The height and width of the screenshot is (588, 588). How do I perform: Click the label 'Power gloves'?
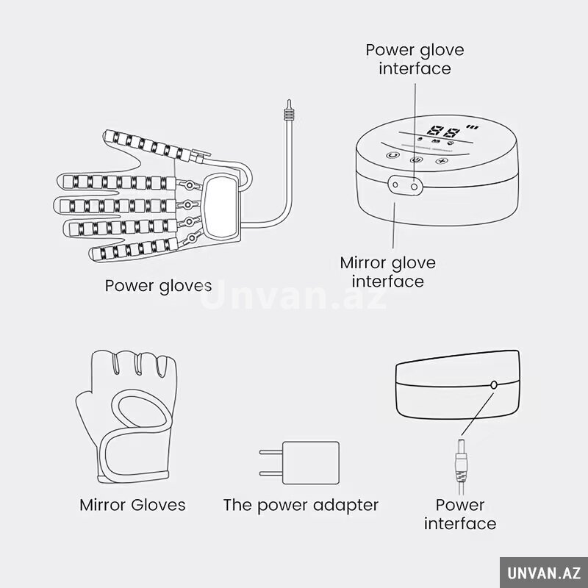[158, 286]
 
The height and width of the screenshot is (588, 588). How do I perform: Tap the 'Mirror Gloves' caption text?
[132, 505]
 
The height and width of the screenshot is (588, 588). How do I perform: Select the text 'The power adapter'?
[301, 505]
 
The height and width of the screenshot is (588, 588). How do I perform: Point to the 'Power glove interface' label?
[415, 60]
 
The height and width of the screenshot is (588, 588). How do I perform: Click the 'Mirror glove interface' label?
[388, 272]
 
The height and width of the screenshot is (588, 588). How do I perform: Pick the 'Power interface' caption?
[460, 514]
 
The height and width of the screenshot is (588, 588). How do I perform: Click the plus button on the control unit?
[442, 161]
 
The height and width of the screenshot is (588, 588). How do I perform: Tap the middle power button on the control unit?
[416, 159]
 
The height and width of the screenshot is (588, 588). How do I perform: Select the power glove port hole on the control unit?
[414, 186]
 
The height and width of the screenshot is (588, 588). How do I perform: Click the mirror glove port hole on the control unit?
[395, 184]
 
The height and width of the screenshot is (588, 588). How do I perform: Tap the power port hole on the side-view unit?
[494, 384]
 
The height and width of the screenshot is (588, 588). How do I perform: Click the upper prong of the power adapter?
[270, 452]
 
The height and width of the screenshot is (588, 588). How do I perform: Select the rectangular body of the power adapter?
[310, 463]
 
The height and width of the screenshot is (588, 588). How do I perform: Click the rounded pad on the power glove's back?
[220, 207]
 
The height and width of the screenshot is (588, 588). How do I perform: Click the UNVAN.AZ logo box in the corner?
[544, 573]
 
